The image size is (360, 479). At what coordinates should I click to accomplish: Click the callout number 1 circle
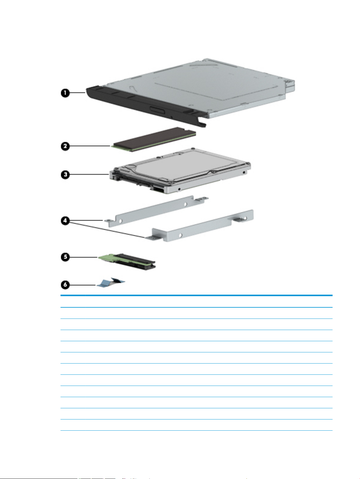pos(65,93)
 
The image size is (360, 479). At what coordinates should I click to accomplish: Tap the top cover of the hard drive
pos(188,165)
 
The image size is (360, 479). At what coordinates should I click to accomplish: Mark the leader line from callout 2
pos(89,146)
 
